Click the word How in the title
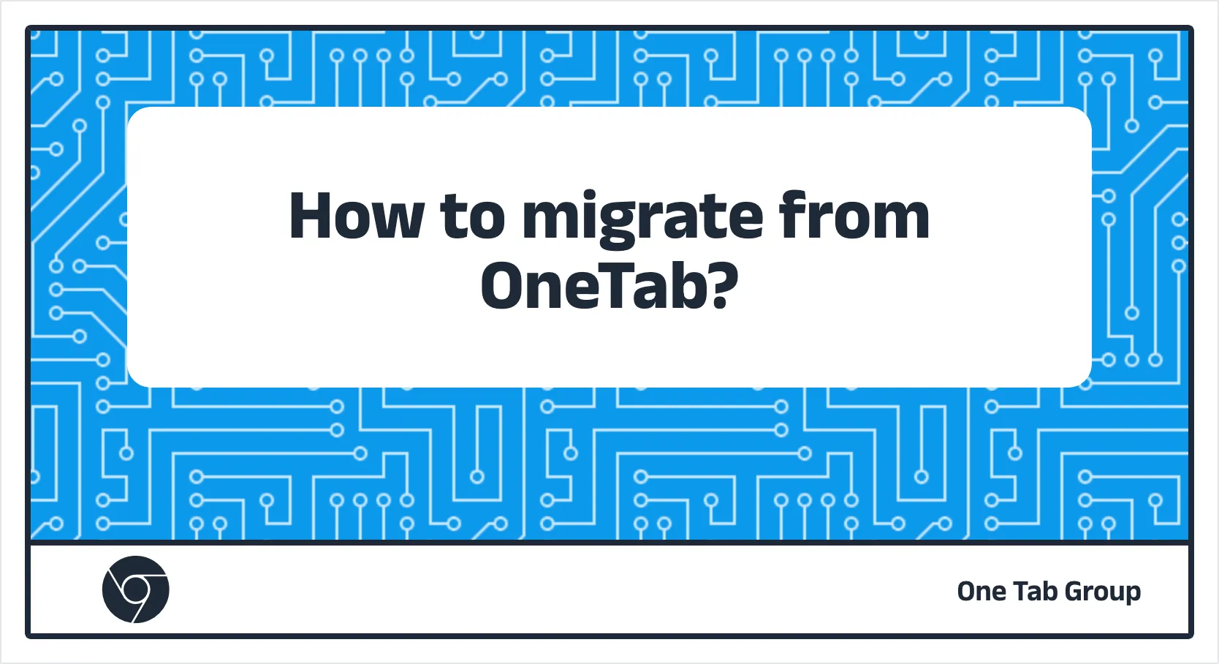[x=357, y=216]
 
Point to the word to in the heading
[x=473, y=219]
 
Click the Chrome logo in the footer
[x=135, y=589]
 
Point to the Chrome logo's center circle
[x=135, y=589]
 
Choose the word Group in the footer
[x=1103, y=593]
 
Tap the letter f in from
[x=793, y=214]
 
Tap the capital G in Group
[x=1075, y=592]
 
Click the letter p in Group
[x=1132, y=597]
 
